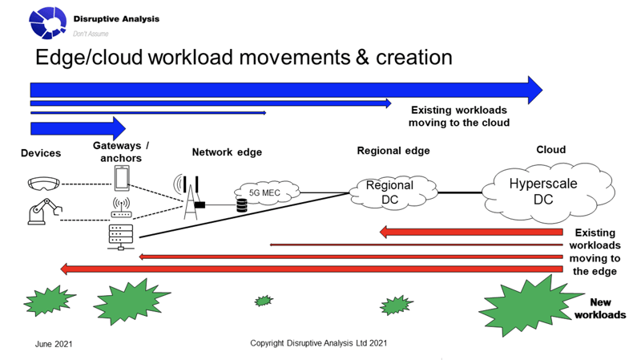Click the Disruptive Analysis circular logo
(47, 23)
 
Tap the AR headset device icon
(44, 184)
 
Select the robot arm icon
(45, 212)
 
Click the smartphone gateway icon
(122, 178)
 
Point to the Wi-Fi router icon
(122, 208)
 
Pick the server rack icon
(121, 237)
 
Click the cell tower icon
(189, 197)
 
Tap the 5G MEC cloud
(267, 192)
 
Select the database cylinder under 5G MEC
(242, 205)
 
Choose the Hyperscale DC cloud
(548, 192)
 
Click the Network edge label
(227, 152)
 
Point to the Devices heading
(41, 153)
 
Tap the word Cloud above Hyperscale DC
(551, 150)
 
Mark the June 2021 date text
(54, 344)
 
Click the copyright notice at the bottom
(318, 343)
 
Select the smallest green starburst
(264, 301)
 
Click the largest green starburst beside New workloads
(530, 305)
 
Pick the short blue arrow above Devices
(78, 128)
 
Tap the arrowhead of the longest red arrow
(65, 269)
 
